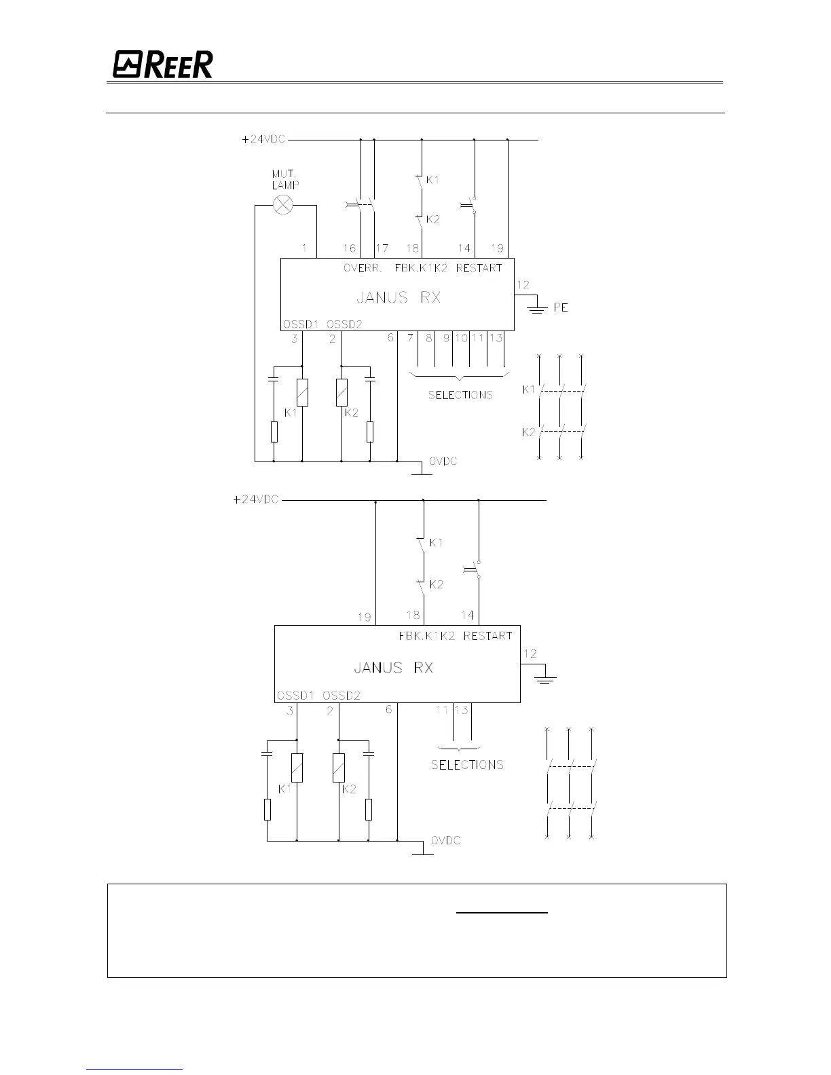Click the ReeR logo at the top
point(163,64)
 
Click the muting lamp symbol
point(282,204)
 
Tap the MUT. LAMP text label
point(285,179)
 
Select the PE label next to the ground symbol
point(560,307)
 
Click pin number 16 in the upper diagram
point(349,249)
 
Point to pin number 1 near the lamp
point(305,248)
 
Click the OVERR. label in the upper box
point(363,268)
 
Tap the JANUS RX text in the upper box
point(399,297)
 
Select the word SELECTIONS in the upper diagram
point(460,395)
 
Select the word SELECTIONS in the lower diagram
point(467,765)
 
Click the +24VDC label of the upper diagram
point(264,139)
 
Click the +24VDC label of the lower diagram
point(255,499)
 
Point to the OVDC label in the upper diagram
point(443,461)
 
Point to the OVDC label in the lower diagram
point(445,840)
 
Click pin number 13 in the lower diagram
point(462,710)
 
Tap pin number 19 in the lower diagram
point(365,617)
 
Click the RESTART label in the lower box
point(487,636)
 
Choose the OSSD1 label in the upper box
point(300,324)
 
